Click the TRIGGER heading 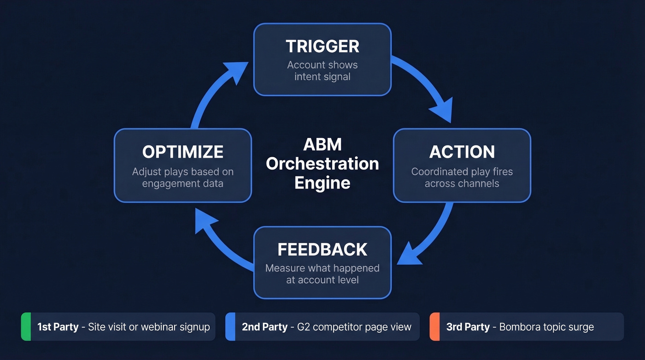322,47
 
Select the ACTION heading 462,152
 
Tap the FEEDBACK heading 322,249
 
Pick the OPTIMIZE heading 182,152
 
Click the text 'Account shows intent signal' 322,71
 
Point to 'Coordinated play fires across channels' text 462,177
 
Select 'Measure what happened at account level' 322,274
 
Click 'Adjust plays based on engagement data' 182,177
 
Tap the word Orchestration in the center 322,164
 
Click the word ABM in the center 322,144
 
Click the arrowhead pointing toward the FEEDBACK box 410,256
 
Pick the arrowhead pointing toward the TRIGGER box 235,74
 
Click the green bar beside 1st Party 26,327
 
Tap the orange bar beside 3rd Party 434,327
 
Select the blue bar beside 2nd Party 230,327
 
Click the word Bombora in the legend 519,327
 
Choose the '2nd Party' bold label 264,327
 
